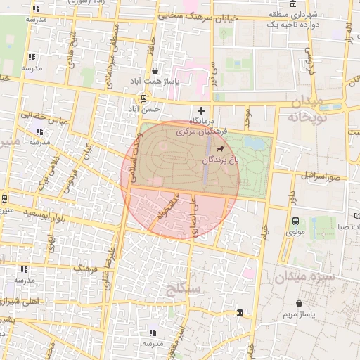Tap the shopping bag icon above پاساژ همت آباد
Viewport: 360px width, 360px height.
(155, 70)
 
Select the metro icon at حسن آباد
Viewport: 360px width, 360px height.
(143, 98)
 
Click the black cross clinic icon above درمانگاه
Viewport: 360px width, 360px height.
(202, 110)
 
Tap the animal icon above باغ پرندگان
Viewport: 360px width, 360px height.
(221, 149)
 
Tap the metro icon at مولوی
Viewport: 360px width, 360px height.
(296, 221)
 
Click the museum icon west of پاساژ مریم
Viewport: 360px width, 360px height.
(241, 311)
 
